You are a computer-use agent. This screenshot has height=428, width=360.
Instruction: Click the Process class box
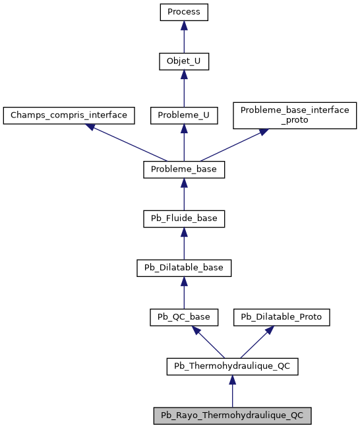[184, 12]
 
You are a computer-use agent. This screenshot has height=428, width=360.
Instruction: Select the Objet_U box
[184, 61]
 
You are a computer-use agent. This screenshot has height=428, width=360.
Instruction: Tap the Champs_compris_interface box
[69, 115]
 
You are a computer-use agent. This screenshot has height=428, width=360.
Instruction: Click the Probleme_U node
[184, 115]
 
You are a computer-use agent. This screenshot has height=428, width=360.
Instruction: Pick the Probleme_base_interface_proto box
[295, 115]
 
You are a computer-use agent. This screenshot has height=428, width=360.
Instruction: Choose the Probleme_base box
[184, 169]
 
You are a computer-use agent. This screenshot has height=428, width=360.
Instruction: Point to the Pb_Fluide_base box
[184, 218]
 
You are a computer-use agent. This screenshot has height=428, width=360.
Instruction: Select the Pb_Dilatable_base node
[184, 268]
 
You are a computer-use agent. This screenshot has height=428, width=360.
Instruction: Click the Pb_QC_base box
[184, 317]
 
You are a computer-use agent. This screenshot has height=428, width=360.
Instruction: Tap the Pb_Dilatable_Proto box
[282, 317]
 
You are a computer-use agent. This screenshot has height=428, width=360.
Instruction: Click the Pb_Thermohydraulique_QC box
[232, 366]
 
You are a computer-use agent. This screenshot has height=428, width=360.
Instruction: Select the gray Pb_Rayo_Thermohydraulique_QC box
[232, 415]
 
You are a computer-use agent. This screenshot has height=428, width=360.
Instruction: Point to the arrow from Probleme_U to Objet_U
[184, 88]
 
